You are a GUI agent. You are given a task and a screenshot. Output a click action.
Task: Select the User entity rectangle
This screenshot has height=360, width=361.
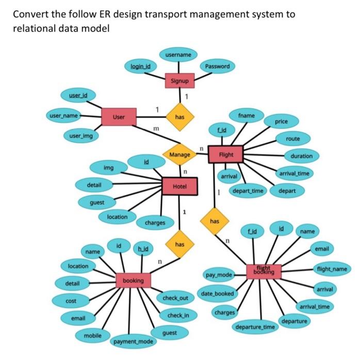point(119,117)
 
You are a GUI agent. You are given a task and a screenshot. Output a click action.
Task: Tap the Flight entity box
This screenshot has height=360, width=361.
point(226,155)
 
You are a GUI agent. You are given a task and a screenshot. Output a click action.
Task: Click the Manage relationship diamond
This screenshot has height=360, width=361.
point(179,154)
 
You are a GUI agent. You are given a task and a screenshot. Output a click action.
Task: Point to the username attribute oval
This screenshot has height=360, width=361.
point(178,55)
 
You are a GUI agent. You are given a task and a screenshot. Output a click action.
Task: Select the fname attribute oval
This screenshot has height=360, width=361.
point(247,116)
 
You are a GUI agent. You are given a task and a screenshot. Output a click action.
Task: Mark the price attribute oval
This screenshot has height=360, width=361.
point(281,122)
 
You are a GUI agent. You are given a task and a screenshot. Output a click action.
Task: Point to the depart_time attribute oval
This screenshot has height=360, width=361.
point(248,191)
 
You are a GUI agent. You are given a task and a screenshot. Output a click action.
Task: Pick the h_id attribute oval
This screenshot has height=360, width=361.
point(143,249)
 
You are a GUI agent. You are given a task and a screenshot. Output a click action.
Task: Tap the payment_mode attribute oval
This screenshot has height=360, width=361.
point(133,341)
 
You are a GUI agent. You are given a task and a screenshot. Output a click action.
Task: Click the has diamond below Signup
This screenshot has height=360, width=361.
point(179,117)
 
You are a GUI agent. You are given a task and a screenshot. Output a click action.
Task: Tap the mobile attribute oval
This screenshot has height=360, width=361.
point(93,335)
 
